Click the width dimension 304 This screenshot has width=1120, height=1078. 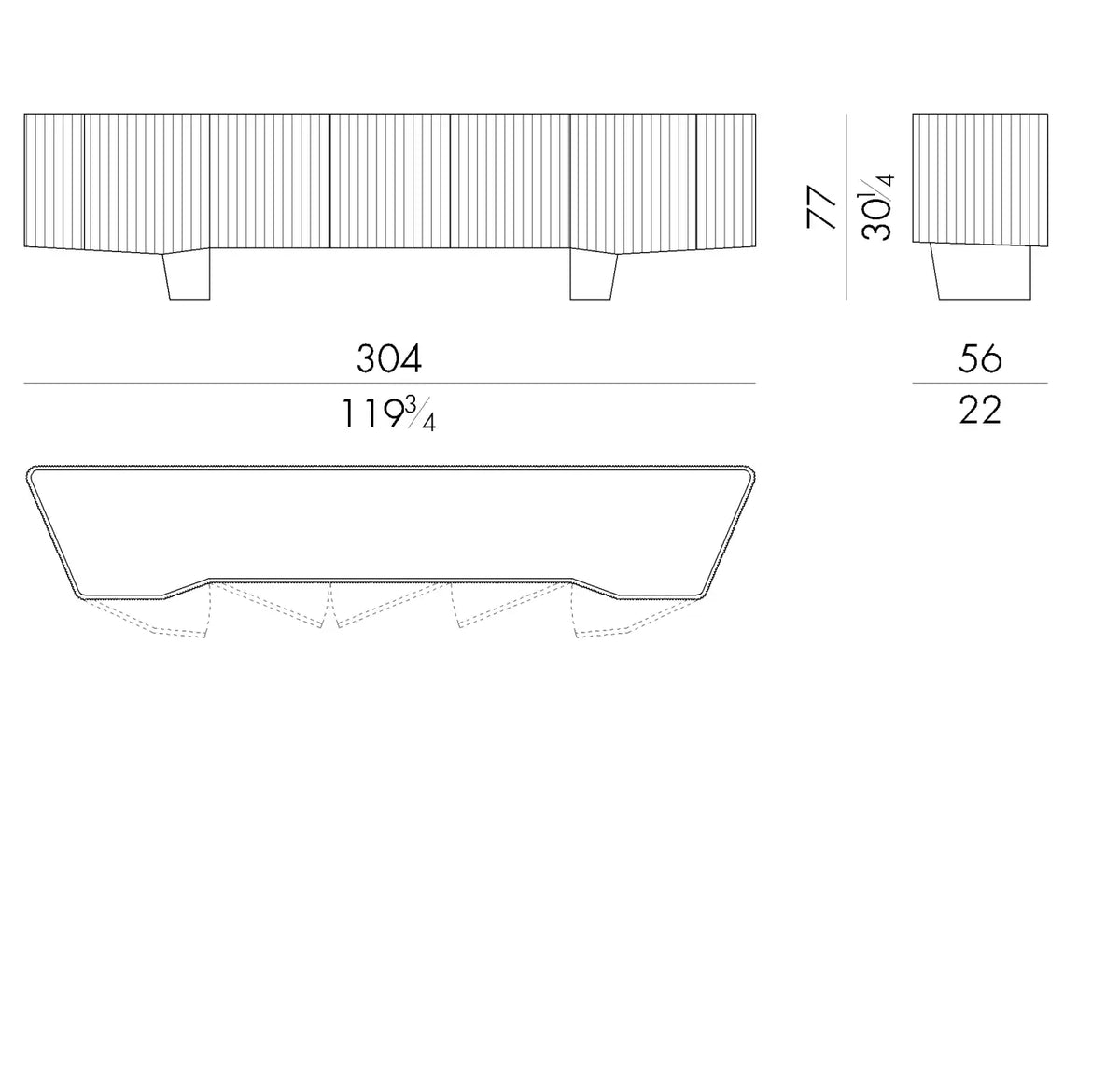389,358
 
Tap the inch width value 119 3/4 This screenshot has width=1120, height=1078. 389,413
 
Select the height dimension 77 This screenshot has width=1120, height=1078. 821,206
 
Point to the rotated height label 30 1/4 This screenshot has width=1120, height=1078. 876,206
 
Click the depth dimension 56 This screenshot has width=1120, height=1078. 980,358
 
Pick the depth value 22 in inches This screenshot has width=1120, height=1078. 980,411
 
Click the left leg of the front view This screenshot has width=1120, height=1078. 187,274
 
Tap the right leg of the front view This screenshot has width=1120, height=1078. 594,274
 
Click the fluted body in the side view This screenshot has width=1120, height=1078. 980,179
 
